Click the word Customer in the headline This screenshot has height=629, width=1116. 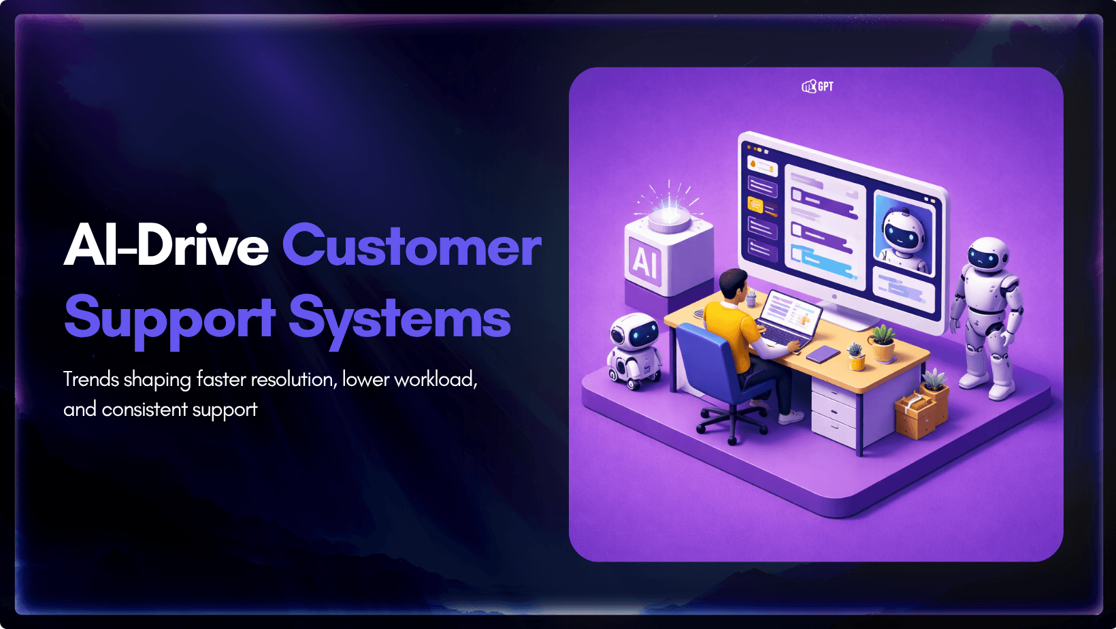click(x=412, y=246)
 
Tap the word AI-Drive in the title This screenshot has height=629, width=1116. click(x=167, y=245)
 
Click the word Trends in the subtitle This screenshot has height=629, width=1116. click(x=91, y=380)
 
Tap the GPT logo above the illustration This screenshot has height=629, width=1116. click(x=817, y=86)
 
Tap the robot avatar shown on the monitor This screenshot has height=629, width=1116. click(x=903, y=234)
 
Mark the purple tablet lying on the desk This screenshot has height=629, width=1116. click(x=823, y=354)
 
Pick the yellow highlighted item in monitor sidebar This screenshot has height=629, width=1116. click(x=756, y=205)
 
